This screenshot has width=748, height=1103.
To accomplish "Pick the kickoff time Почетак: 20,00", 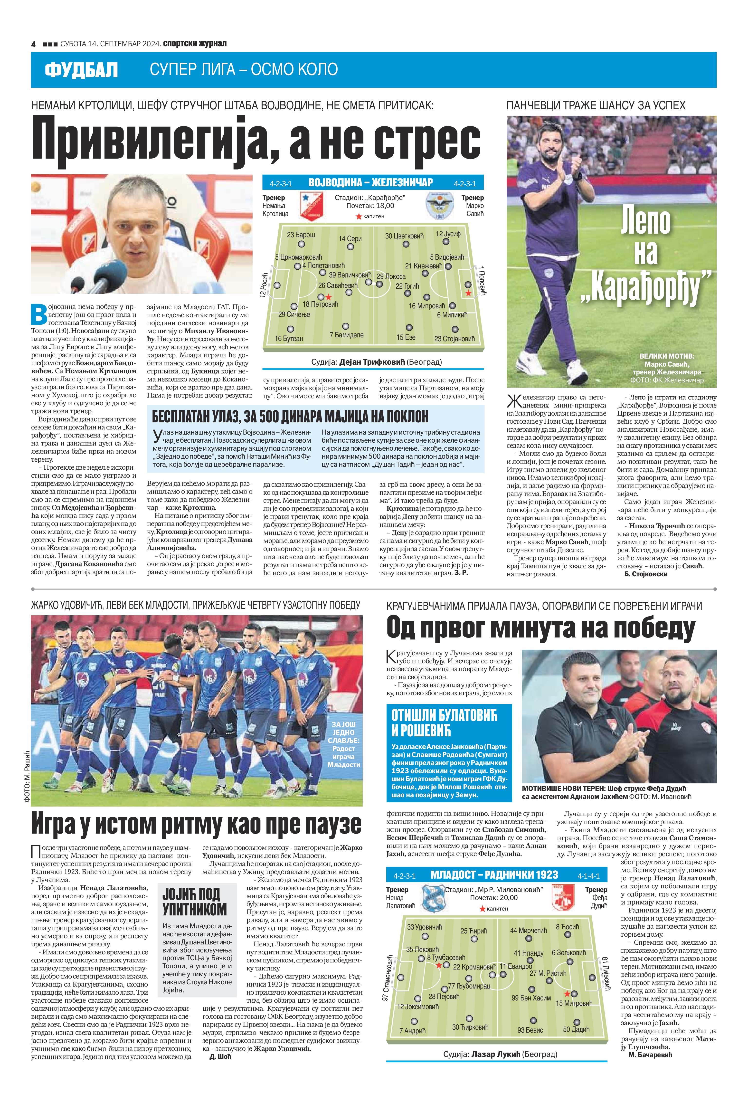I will point(494,898).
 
